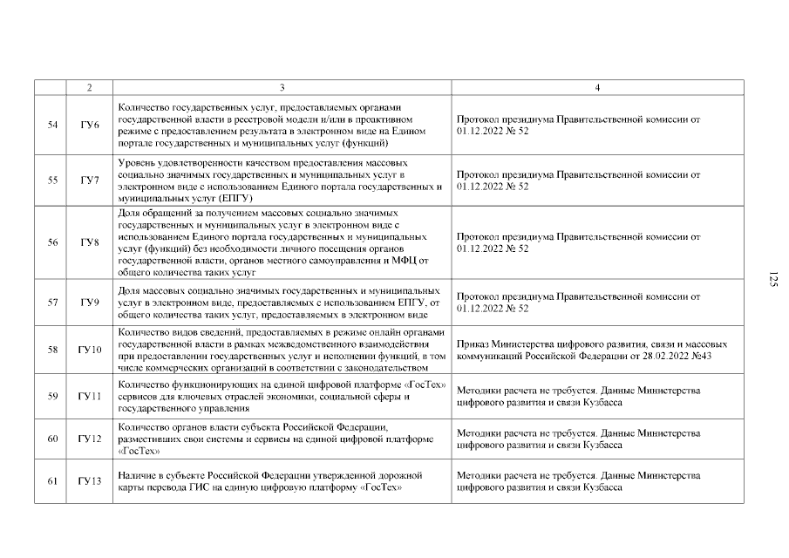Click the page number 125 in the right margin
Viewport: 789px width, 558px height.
pyautogui.click(x=772, y=279)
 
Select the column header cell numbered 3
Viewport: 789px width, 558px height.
pyautogui.click(x=282, y=87)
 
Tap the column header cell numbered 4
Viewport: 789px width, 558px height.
pyautogui.click(x=597, y=87)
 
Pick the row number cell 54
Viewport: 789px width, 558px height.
pyautogui.click(x=52, y=125)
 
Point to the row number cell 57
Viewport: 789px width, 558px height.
pyautogui.click(x=52, y=303)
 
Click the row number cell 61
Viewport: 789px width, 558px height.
pyautogui.click(x=52, y=481)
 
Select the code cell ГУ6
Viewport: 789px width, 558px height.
pyautogui.click(x=90, y=125)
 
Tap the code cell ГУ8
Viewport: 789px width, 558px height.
pyautogui.click(x=90, y=242)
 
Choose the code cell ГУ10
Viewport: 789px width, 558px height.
pyautogui.click(x=90, y=350)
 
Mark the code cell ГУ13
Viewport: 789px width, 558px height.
pyautogui.click(x=90, y=481)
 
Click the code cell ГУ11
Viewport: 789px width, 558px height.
pyautogui.click(x=90, y=397)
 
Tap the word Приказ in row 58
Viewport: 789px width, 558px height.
pyautogui.click(x=472, y=344)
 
